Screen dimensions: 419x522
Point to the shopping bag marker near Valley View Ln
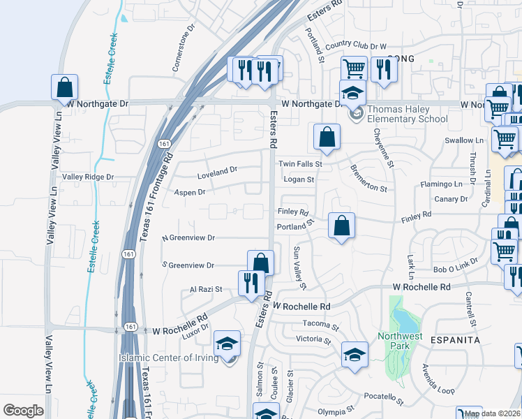[x=64, y=87]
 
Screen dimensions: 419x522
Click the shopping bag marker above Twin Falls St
[x=327, y=137]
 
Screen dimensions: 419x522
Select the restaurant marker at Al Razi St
[x=250, y=283]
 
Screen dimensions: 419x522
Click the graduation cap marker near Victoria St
[x=355, y=354]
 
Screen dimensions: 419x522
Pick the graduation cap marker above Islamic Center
[x=227, y=343]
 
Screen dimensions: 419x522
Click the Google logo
[x=23, y=411]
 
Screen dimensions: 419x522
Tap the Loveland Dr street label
[x=217, y=170]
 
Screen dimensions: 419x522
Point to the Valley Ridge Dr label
[x=88, y=177]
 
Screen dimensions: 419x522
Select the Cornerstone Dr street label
[x=184, y=50]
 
